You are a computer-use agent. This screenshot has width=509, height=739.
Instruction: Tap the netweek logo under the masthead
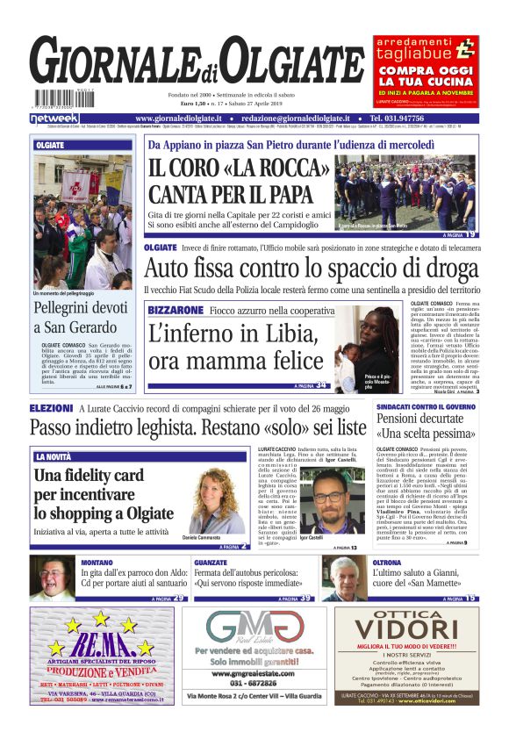54,118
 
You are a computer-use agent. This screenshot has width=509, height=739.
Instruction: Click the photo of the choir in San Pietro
405,193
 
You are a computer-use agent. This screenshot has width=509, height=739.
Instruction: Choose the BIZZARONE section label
176,311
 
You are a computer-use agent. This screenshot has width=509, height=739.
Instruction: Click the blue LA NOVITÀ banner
54,457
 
